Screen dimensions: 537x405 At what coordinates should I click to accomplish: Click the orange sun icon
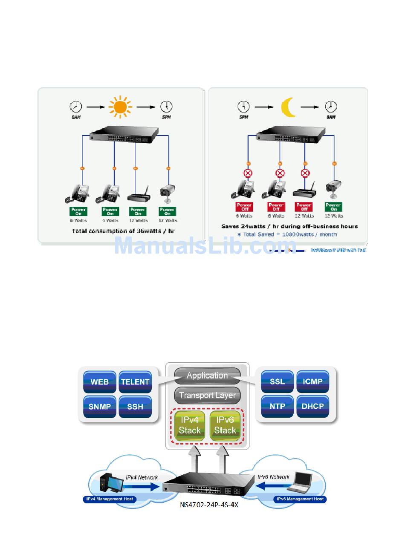pos(120,107)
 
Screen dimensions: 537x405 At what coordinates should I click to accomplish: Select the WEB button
pos(100,381)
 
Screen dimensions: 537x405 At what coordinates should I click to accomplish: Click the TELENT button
pos(135,381)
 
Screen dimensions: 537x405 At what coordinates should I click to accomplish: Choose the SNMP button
pos(100,406)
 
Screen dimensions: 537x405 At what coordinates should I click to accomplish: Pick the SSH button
pos(135,406)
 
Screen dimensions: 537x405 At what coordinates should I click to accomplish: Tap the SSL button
pos(278,381)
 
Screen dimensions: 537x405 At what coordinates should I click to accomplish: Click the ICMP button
pos(313,381)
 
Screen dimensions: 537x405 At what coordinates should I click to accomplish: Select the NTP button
pos(278,406)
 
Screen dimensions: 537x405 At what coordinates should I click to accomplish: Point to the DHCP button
pos(313,406)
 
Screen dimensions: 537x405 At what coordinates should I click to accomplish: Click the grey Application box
pos(207,376)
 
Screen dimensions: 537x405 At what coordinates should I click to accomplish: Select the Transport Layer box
pos(207,396)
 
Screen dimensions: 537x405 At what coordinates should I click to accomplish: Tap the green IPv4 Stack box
pos(190,425)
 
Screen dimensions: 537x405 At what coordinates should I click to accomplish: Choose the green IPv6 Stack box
pos(225,425)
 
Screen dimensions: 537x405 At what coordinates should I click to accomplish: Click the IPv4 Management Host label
pos(110,499)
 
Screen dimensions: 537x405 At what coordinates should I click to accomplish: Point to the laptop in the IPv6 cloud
pos(301,481)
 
